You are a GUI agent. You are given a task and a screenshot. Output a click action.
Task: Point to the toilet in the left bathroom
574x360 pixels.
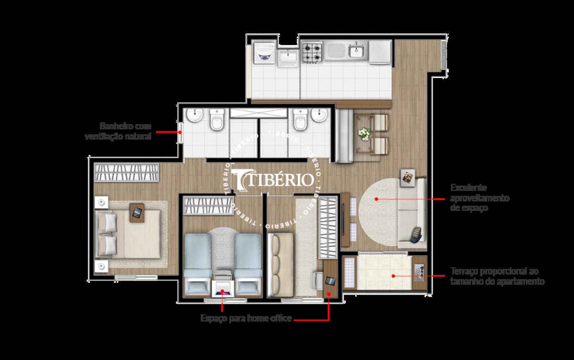coord(216,120)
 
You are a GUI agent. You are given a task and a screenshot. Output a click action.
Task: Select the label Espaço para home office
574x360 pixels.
coord(246,319)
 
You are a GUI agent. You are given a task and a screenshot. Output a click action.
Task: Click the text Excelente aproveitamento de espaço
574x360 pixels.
coord(479,198)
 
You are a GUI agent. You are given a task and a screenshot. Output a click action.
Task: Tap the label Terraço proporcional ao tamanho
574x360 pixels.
coord(497,276)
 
